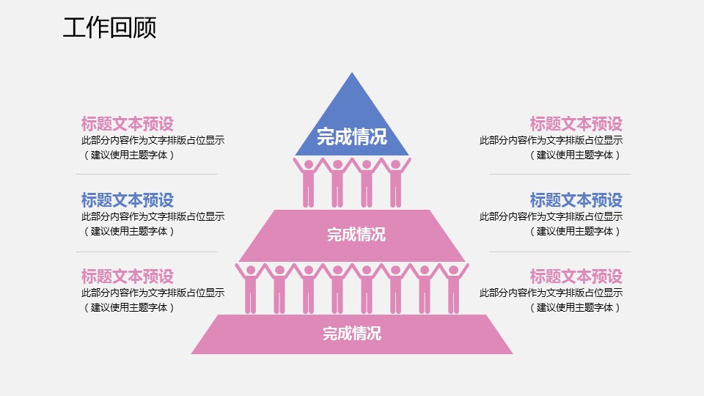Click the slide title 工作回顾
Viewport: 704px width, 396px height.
click(109, 29)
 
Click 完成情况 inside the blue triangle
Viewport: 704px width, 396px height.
click(352, 136)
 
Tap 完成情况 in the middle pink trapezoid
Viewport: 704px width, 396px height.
click(356, 235)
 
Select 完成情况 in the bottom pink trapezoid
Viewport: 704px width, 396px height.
click(352, 334)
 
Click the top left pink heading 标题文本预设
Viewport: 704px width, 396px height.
click(128, 124)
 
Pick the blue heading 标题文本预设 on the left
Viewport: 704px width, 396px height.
click(128, 199)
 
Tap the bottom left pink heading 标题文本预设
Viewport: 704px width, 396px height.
click(128, 276)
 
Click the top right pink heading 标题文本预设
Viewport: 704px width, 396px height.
click(576, 124)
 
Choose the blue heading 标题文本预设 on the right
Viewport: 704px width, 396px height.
click(576, 199)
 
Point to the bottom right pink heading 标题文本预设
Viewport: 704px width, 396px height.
click(576, 276)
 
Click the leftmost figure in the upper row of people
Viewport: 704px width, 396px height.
click(309, 183)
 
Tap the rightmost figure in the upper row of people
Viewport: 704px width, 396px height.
click(396, 183)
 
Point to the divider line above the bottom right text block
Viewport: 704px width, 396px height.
click(560, 252)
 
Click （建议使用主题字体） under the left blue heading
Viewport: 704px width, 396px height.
click(129, 231)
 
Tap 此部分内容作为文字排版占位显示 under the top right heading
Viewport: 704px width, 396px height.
click(551, 140)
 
